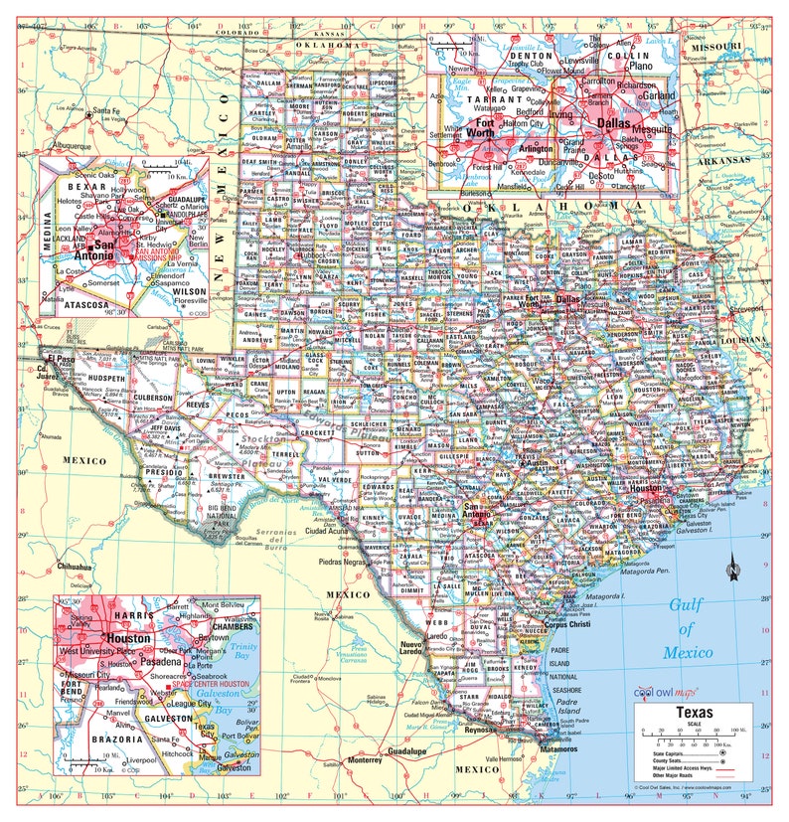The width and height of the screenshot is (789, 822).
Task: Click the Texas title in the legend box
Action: click(694, 712)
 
